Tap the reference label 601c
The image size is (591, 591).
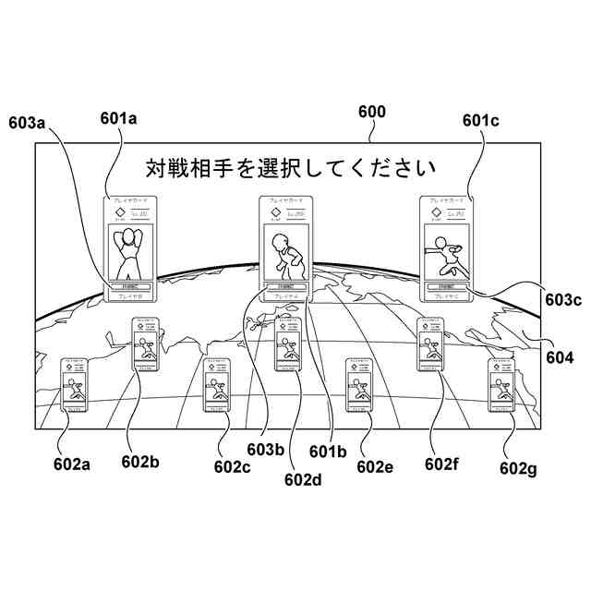[x=480, y=119]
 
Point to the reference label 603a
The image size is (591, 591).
[x=28, y=121]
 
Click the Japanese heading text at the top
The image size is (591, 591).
[x=290, y=168]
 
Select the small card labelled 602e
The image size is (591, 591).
[x=360, y=386]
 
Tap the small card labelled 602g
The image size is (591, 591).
[x=503, y=386]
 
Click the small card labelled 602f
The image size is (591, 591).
[x=431, y=345]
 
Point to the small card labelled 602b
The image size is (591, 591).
[x=147, y=345]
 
